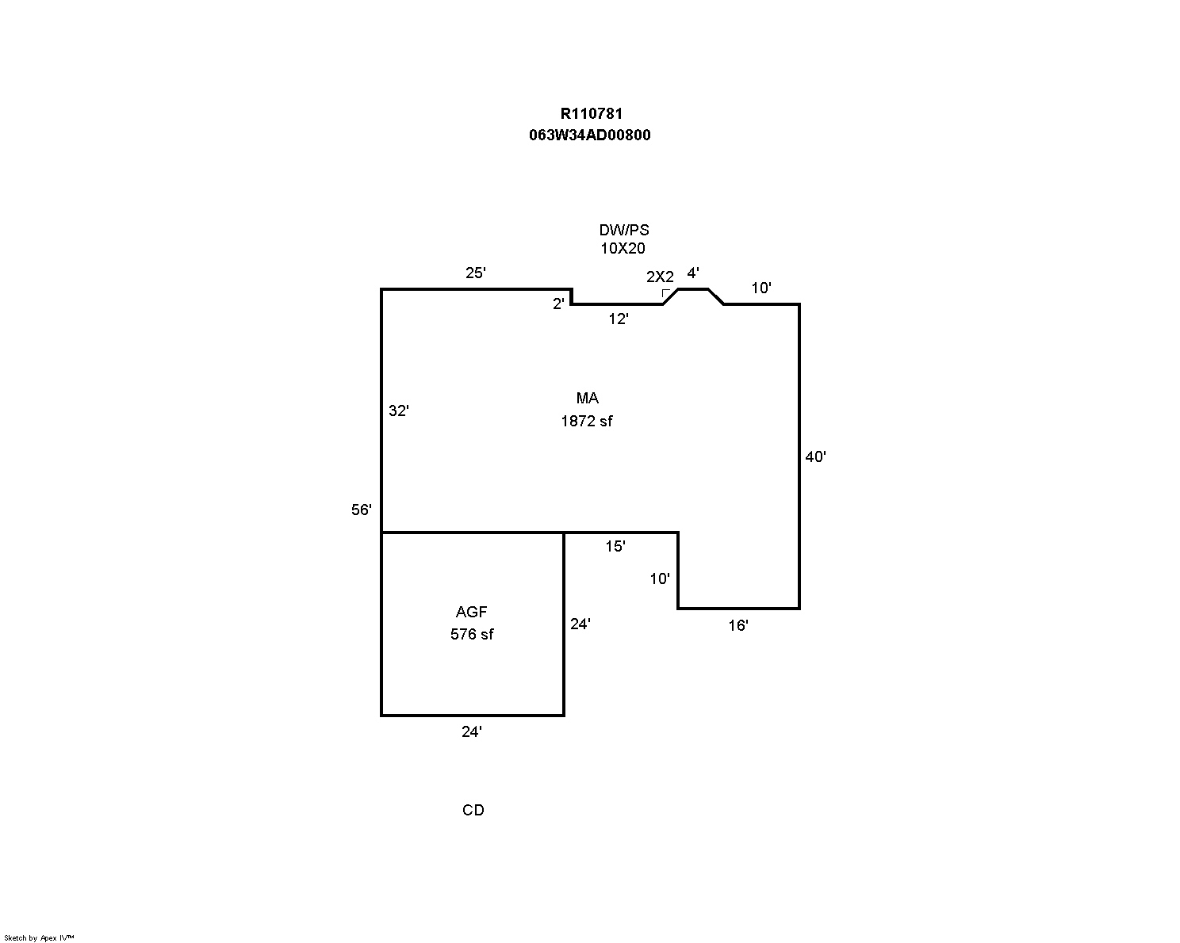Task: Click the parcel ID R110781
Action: pyautogui.click(x=591, y=114)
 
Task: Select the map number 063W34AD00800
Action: pyautogui.click(x=590, y=135)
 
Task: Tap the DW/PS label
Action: pyautogui.click(x=623, y=230)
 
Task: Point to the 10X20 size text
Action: pyautogui.click(x=623, y=248)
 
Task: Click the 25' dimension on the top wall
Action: pyautogui.click(x=475, y=273)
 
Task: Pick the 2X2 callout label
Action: pyautogui.click(x=660, y=277)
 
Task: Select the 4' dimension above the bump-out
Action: pyautogui.click(x=693, y=273)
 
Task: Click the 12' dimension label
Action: pyautogui.click(x=619, y=319)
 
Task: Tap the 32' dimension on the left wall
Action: pyautogui.click(x=399, y=410)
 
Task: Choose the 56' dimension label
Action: pyautogui.click(x=362, y=510)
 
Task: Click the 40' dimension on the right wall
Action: pyautogui.click(x=816, y=456)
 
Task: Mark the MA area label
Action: pyautogui.click(x=588, y=399)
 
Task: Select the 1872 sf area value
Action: pyautogui.click(x=587, y=421)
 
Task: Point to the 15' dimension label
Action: pyautogui.click(x=615, y=546)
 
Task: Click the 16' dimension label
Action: pyautogui.click(x=738, y=625)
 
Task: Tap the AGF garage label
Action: pyautogui.click(x=472, y=612)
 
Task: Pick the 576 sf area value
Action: pyautogui.click(x=472, y=634)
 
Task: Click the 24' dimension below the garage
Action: pyautogui.click(x=472, y=732)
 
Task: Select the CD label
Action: pyautogui.click(x=473, y=810)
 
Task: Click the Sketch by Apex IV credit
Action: pyautogui.click(x=39, y=937)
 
